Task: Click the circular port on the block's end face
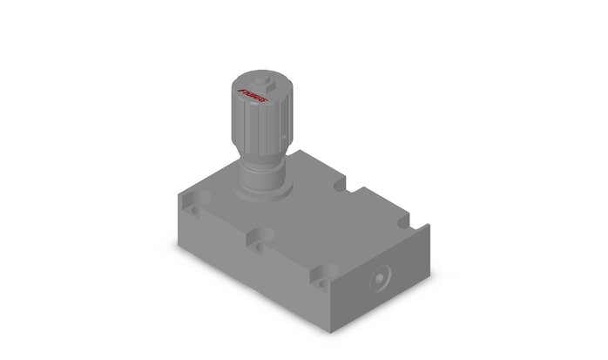click(x=381, y=281)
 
